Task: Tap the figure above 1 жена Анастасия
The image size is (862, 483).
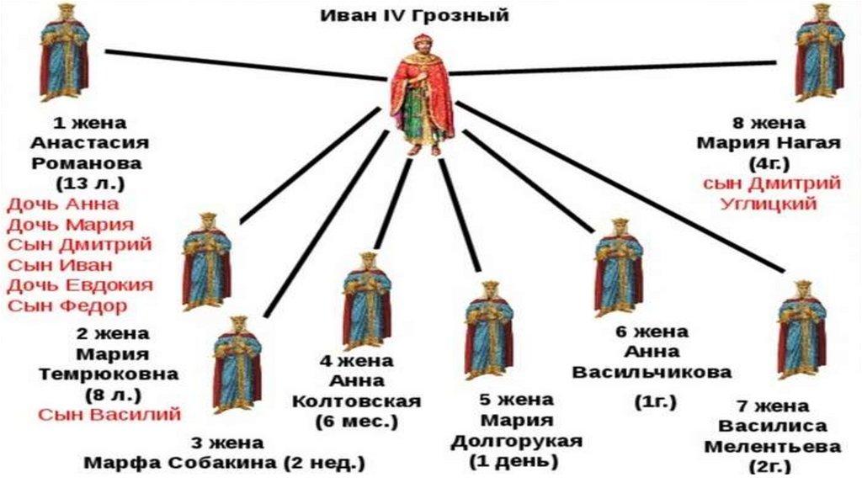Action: [x=64, y=53]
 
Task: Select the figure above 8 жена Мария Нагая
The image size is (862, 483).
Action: [x=820, y=53]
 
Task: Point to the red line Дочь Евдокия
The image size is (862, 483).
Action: [x=80, y=284]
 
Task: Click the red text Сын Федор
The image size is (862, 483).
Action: [x=67, y=305]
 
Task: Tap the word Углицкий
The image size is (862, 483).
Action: [x=769, y=203]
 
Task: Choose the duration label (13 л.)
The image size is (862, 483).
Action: [x=88, y=183]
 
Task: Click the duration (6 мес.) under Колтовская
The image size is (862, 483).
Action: [x=369, y=421]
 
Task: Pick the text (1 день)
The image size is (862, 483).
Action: [x=503, y=461]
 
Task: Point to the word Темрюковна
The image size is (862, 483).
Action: [x=113, y=374]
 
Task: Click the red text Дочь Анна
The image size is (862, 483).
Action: [x=62, y=204]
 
